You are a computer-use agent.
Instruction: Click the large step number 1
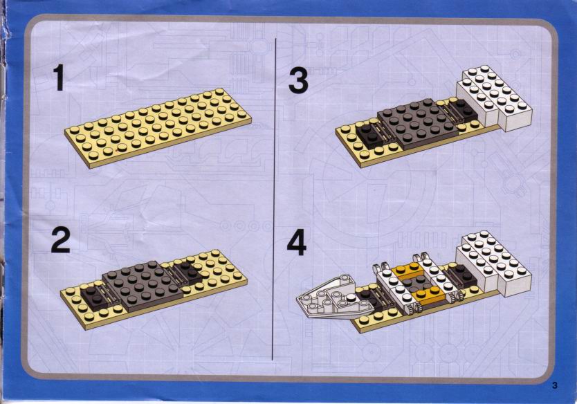click(59, 77)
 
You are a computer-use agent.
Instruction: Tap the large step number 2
click(60, 240)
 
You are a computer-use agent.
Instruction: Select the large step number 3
click(298, 82)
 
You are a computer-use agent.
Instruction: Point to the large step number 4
click(297, 243)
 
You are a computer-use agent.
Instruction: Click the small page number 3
click(555, 385)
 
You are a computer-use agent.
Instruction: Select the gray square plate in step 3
click(418, 123)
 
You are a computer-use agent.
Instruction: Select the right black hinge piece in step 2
click(187, 273)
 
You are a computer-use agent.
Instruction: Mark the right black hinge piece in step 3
click(462, 111)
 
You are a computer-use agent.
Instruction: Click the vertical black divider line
click(274, 199)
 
